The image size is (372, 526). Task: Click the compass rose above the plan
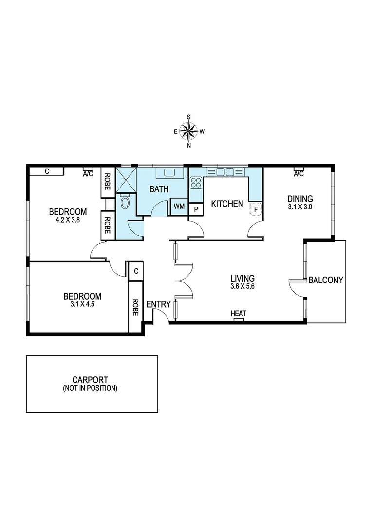pos(189,131)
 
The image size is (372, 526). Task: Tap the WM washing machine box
pos(179,206)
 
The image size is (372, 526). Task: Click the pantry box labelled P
pos(196,209)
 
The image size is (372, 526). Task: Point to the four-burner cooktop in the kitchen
pos(196,183)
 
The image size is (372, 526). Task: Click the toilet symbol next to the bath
pos(125,202)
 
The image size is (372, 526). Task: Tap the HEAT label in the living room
pos(238,314)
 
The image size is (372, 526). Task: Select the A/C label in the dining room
pos(298,174)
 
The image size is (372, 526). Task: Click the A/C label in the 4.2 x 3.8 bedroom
pos(88,173)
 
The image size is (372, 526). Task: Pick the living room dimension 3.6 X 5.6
pos(243,286)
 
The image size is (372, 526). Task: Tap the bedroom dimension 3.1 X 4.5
pos(82,304)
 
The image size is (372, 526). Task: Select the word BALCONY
pos(326,280)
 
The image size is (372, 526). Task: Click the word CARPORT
pos(90,380)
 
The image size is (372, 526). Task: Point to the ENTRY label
pos(158,305)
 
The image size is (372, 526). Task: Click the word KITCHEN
pos(226,204)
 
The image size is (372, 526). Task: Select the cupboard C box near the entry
pos(136,271)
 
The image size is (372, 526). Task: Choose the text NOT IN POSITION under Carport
pos(90,388)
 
